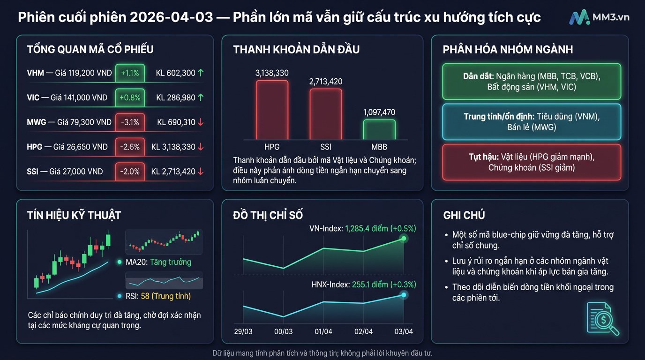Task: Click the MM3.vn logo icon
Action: (x=579, y=17)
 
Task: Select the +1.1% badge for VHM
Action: (x=130, y=73)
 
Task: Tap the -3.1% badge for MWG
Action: (x=130, y=122)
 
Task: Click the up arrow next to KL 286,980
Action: (x=201, y=97)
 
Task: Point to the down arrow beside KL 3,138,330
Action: (x=201, y=147)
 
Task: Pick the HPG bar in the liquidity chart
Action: (x=272, y=110)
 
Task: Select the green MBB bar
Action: (x=379, y=129)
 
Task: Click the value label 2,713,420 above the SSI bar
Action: (x=325, y=82)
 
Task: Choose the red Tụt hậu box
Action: (x=532, y=162)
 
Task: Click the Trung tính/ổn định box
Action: (x=532, y=121)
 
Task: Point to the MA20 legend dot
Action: (x=120, y=262)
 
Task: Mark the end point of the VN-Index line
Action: (x=403, y=239)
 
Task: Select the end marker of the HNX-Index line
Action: (x=403, y=295)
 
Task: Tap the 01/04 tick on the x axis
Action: (x=323, y=331)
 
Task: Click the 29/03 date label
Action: (x=243, y=331)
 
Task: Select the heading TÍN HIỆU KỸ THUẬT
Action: (x=74, y=215)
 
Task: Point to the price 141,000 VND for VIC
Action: (x=81, y=97)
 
